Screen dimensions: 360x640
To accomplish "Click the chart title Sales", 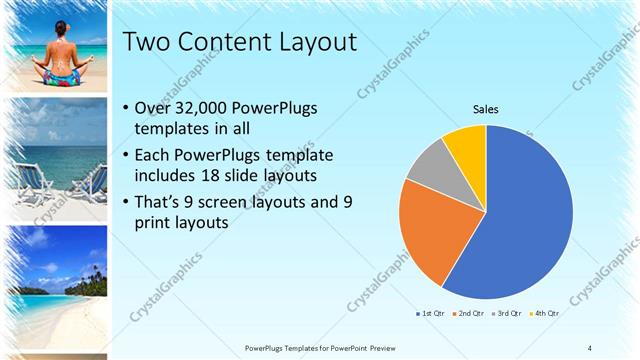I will pyautogui.click(x=486, y=109).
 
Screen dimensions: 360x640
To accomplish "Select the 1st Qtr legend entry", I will pyautogui.click(x=432, y=314).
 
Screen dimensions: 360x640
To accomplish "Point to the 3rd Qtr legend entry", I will pyautogui.click(x=506, y=314).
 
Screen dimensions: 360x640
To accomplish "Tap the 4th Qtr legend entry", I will pyautogui.click(x=543, y=314).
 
